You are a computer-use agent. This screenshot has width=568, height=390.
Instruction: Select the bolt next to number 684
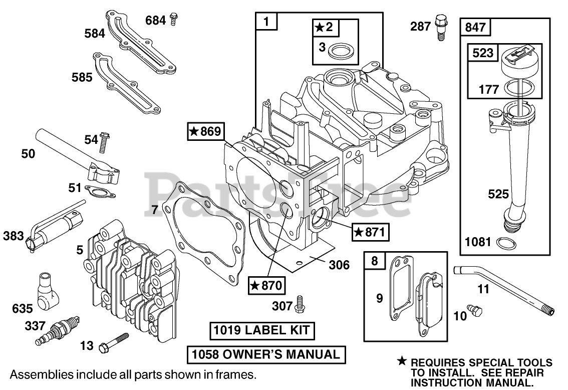coord(174,20)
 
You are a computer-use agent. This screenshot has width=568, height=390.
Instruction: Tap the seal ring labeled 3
coord(343,51)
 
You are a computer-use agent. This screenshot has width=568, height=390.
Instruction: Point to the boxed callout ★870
coord(267,285)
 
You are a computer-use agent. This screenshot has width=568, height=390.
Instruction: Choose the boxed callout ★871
coord(370,232)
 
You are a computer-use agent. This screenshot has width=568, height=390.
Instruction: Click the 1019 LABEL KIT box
coord(262,330)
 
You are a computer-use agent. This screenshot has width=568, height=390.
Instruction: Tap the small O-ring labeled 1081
coord(503,243)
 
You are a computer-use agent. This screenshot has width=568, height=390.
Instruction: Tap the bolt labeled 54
coord(105,142)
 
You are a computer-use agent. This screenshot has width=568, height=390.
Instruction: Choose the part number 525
coord(498,194)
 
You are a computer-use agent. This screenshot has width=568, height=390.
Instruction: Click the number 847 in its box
coord(475,27)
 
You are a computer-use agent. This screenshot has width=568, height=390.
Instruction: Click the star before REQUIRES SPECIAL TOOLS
coord(402,361)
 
